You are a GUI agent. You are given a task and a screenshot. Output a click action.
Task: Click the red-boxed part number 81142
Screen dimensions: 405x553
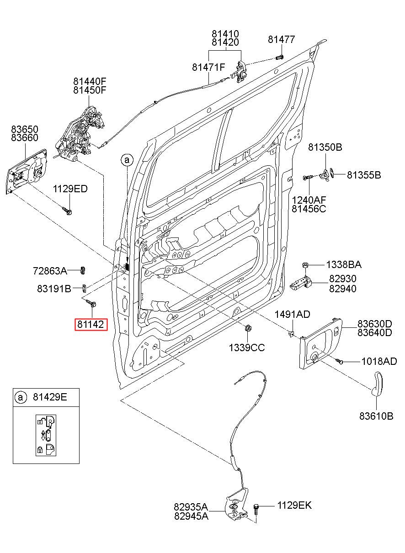(x=91, y=324)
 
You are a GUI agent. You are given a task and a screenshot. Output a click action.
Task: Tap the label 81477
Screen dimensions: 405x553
(x=282, y=39)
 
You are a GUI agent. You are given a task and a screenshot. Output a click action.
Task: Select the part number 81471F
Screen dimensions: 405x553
(x=208, y=67)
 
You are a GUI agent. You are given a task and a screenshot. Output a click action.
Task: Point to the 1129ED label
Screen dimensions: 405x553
(x=70, y=189)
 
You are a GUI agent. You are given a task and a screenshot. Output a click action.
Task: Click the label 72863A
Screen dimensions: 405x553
(x=50, y=271)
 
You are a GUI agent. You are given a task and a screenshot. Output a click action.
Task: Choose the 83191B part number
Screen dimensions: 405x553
(x=54, y=288)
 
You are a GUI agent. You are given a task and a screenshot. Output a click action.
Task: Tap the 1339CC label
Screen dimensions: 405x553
(x=246, y=348)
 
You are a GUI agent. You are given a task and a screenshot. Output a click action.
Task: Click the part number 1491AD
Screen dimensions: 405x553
(x=292, y=314)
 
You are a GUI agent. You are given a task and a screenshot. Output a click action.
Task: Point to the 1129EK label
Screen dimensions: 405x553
(x=294, y=506)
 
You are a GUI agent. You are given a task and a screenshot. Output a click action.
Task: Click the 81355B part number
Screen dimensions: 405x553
(x=364, y=175)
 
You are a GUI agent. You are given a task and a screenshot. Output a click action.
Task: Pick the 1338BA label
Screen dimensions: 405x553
(x=344, y=265)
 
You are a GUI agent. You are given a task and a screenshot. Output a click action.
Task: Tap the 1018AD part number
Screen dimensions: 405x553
(x=379, y=361)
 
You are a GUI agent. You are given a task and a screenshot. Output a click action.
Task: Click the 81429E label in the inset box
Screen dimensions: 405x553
(x=50, y=397)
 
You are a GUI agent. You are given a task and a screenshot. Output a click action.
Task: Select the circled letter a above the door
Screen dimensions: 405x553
(x=127, y=160)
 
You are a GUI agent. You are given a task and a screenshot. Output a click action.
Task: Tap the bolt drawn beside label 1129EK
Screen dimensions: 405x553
(x=256, y=509)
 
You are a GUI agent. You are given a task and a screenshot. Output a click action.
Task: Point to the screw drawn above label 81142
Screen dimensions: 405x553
(x=90, y=303)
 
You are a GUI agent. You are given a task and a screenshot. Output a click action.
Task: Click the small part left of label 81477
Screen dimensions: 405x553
(x=279, y=58)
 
